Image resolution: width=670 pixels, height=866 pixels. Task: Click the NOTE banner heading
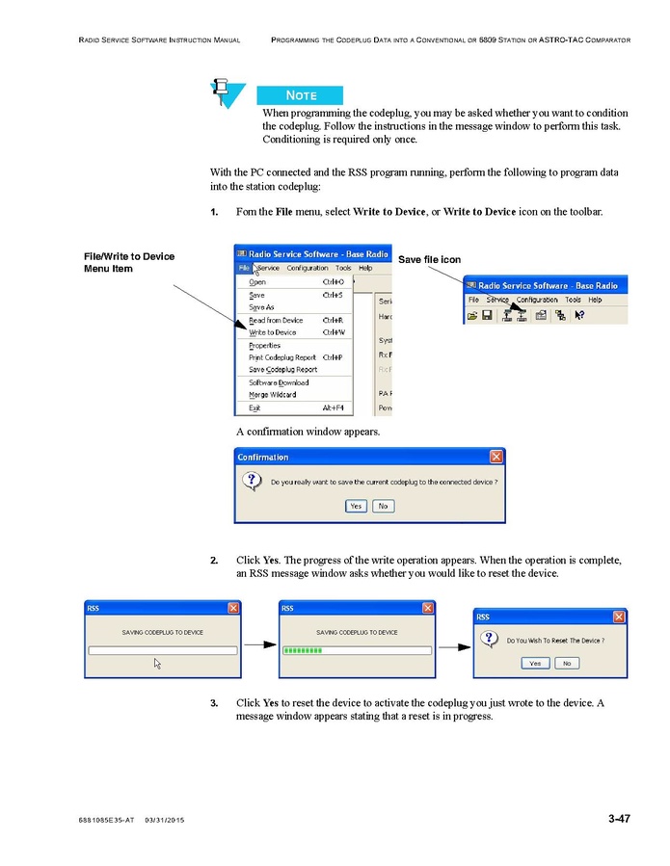tap(301, 95)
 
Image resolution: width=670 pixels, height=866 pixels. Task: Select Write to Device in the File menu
tap(273, 332)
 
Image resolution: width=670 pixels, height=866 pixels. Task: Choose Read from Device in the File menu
tap(276, 320)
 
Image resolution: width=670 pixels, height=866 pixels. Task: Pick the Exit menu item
tap(255, 407)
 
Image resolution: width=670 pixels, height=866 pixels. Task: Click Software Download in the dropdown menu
tap(279, 382)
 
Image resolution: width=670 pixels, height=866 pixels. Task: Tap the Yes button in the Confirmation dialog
tap(356, 506)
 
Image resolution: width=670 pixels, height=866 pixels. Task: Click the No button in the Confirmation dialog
tap(383, 506)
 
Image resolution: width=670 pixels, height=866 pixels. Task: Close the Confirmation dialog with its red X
tap(496, 457)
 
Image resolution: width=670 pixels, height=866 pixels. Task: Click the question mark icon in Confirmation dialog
tap(251, 480)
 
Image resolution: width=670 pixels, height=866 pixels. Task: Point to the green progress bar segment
tap(302, 650)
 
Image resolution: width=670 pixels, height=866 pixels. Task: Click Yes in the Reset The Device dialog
tap(534, 663)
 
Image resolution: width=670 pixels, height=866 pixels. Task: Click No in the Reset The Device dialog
tap(566, 663)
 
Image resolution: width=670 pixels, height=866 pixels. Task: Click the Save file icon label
tap(429, 260)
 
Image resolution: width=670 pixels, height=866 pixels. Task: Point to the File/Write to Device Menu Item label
tap(129, 262)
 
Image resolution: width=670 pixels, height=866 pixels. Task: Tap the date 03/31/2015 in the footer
tap(164, 820)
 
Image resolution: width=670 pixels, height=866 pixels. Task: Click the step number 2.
tap(214, 560)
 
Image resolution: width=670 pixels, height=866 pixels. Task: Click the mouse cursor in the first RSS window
tap(157, 663)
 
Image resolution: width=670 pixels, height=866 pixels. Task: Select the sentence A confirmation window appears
tap(308, 432)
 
